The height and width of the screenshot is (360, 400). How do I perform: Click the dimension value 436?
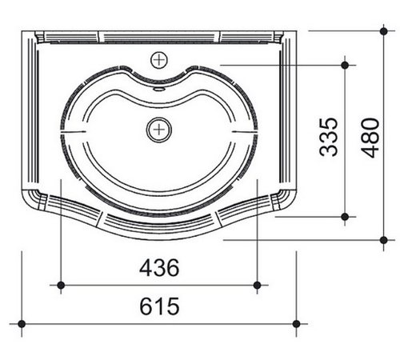(159, 267)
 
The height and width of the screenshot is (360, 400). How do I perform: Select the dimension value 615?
(159, 306)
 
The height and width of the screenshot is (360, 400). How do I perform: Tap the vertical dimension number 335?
(329, 137)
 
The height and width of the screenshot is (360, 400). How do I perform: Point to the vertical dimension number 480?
(370, 138)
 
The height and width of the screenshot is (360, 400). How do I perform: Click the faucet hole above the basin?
(159, 60)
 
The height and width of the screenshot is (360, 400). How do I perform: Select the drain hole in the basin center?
(159, 130)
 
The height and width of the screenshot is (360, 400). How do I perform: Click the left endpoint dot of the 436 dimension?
(61, 285)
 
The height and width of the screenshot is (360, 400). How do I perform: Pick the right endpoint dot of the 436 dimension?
(257, 285)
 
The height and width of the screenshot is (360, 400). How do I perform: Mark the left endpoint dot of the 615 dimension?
(22, 324)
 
